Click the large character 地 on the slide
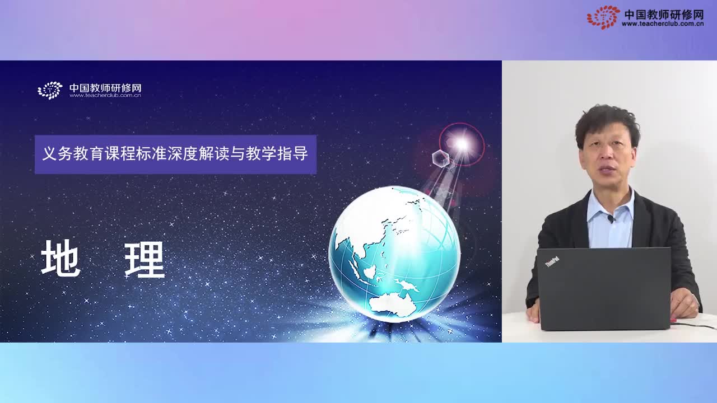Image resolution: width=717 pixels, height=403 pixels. [61, 259]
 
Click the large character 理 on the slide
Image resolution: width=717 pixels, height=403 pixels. [145, 259]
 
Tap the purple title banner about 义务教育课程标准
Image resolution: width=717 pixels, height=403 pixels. [175, 154]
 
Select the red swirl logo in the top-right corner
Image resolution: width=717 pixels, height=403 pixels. [603, 17]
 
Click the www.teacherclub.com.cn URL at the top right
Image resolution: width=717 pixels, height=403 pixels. [662, 24]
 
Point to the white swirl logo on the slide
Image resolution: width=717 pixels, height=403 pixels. [50, 90]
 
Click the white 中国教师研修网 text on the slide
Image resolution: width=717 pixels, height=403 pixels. [105, 88]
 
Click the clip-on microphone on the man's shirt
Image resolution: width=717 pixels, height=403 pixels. [611, 219]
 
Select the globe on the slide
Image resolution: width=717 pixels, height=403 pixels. [394, 254]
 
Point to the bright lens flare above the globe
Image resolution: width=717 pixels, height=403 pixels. [462, 144]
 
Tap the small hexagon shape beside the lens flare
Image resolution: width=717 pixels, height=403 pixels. [441, 158]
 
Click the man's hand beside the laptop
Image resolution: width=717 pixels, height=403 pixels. [684, 304]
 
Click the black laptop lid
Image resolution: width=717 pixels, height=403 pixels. [604, 288]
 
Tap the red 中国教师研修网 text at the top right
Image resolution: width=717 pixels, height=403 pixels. [663, 14]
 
